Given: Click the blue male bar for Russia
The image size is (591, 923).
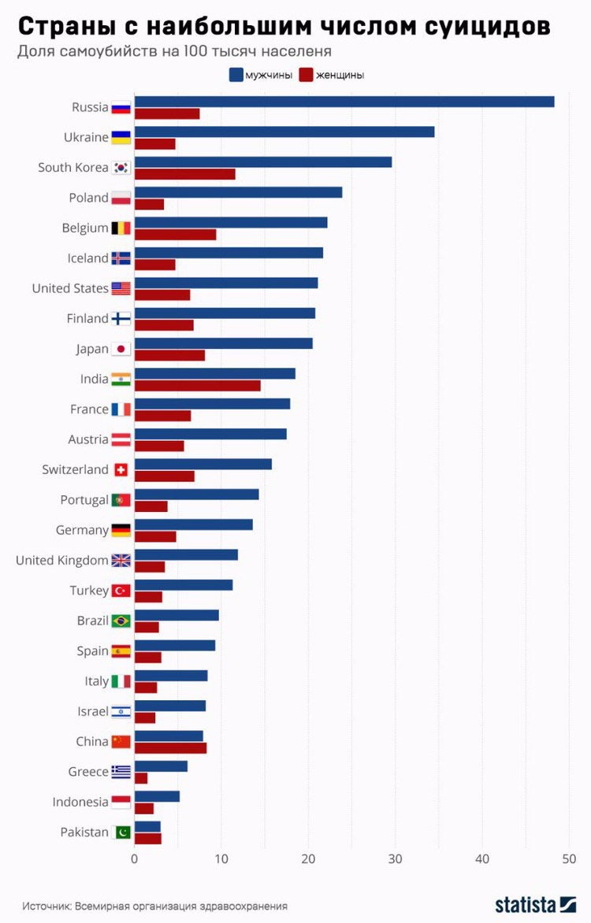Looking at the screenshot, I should (344, 102).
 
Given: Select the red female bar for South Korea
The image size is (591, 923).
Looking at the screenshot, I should (185, 174).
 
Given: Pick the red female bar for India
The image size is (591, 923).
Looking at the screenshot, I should (198, 385).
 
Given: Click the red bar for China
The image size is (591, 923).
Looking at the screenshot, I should (171, 747).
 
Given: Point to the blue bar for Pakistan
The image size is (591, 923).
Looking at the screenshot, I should (147, 826).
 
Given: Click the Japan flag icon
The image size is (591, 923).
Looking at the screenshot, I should (121, 349).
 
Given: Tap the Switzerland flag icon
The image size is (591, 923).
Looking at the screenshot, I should (121, 469).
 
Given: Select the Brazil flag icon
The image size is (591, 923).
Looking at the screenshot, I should (121, 621).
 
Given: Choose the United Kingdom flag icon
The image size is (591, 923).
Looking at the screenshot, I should (121, 560).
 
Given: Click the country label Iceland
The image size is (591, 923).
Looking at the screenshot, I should (87, 258).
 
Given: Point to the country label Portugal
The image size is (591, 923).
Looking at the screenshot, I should (84, 500).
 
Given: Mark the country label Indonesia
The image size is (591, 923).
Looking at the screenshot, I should (80, 802).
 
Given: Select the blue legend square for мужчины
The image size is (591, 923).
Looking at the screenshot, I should (236, 75).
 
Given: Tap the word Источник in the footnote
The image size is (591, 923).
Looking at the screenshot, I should (46, 906).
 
